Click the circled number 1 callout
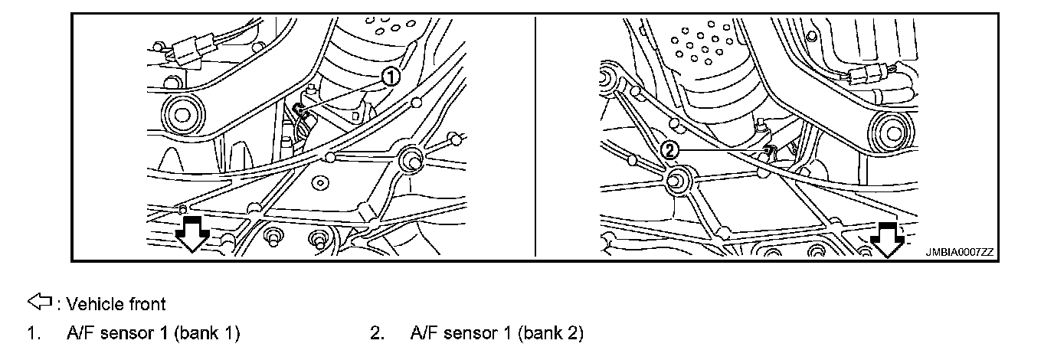(391, 76)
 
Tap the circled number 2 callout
(669, 151)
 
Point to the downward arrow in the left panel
(191, 233)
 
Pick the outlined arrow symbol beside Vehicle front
(40, 303)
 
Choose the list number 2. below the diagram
(376, 333)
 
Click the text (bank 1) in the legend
(208, 333)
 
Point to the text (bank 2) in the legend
(551, 333)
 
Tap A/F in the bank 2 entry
(425, 333)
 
